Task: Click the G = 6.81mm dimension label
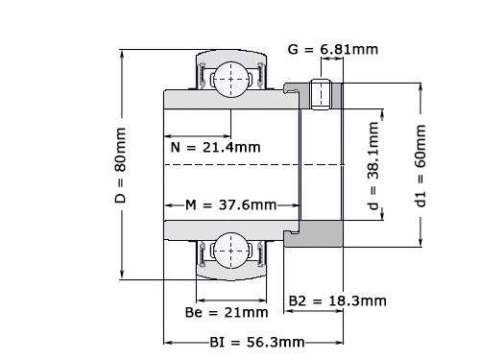coord(332,49)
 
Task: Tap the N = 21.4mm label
coord(214,148)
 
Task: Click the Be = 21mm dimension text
coord(226,312)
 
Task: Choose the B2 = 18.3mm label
coord(337,300)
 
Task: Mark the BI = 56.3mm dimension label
coord(256,342)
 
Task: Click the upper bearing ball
coord(230,77)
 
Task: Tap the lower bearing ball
coord(230,252)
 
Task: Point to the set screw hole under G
coord(323,93)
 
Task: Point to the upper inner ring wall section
coord(230,101)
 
